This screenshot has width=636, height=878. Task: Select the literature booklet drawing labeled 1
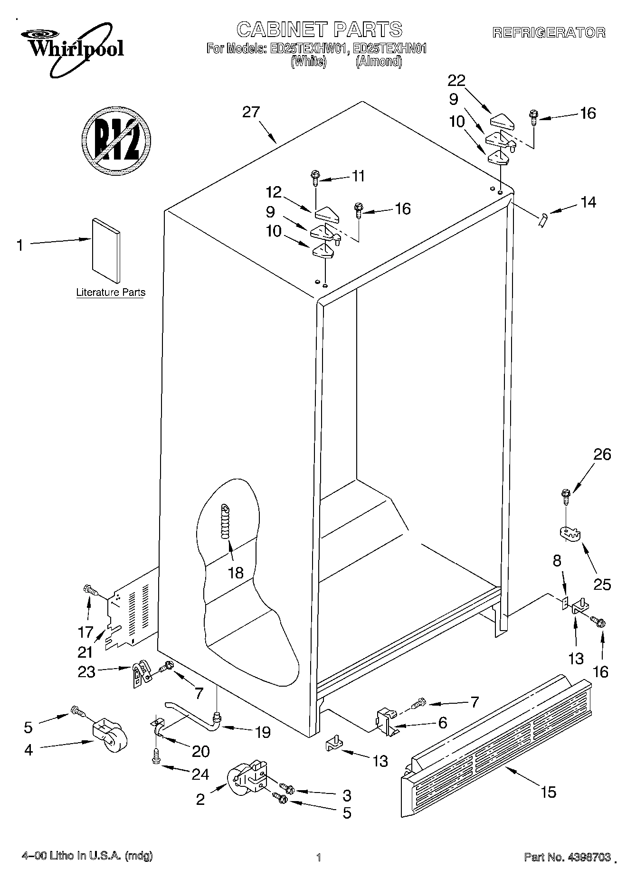pyautogui.click(x=106, y=250)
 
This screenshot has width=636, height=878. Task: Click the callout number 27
pyautogui.click(x=251, y=113)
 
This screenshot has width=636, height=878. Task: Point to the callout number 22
pyautogui.click(x=456, y=80)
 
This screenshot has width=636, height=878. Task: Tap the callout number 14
pyautogui.click(x=588, y=202)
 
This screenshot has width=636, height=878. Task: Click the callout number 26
pyautogui.click(x=602, y=454)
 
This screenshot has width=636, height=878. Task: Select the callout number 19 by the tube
pyautogui.click(x=262, y=733)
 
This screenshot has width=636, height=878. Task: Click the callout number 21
pyautogui.click(x=85, y=652)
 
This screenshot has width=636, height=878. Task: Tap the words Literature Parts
pyautogui.click(x=111, y=293)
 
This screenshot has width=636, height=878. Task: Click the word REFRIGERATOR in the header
pyautogui.click(x=549, y=33)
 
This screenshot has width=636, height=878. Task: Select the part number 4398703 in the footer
pyautogui.click(x=586, y=857)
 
